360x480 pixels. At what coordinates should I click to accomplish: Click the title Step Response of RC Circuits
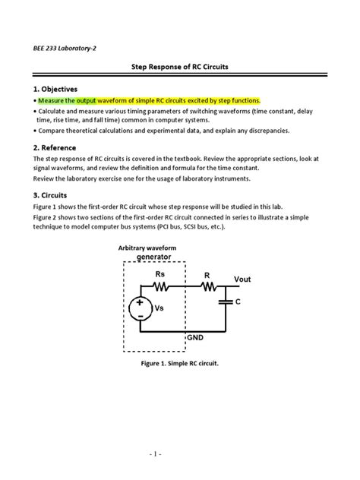coord(180,68)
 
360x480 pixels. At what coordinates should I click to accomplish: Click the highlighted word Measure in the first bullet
coord(55,101)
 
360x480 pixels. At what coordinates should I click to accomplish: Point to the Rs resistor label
coord(160,273)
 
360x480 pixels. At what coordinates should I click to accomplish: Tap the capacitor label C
coord(238,302)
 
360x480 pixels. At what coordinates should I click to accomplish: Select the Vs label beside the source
coord(159,309)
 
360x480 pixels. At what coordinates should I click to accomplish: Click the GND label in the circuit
coord(197,337)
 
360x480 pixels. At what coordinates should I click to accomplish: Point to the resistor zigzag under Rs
coord(160,287)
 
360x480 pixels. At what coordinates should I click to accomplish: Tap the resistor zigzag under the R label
coord(207,287)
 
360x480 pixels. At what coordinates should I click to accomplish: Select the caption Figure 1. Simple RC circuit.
coord(179,365)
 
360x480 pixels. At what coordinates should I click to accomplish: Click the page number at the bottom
coord(179,455)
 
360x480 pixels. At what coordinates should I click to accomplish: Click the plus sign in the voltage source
coord(141,302)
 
